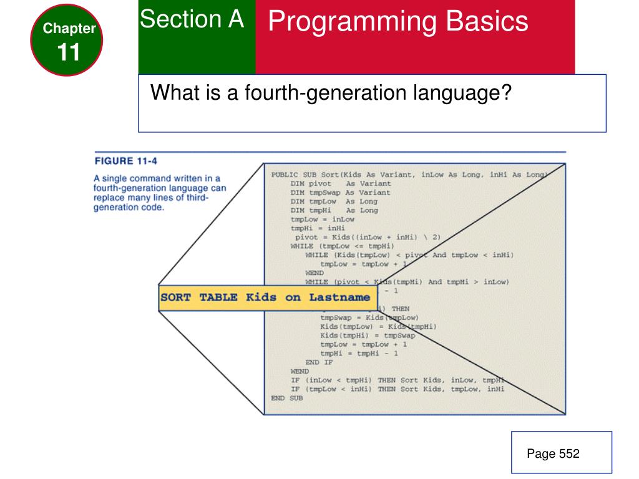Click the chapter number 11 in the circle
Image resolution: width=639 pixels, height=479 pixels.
coord(69,52)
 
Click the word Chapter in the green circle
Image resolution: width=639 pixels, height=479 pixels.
coord(69,28)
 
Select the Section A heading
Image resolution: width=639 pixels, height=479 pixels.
coord(192,20)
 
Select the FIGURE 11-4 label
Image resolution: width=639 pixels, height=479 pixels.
coord(125,162)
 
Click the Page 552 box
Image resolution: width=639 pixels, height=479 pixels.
coord(553,454)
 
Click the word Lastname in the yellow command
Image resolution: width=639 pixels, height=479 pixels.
coord(339,298)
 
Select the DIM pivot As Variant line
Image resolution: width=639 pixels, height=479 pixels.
coord(341,184)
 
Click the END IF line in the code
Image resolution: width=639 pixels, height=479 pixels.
coord(319,362)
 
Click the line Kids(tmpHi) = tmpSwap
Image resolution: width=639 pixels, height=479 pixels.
coord(368,336)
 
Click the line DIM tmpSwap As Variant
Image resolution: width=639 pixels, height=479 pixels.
coord(341,193)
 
